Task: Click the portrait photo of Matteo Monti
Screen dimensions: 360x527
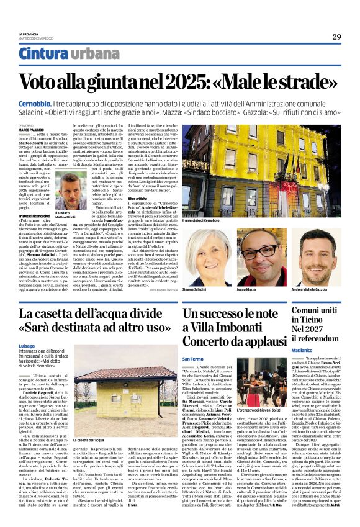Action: pos(72,191)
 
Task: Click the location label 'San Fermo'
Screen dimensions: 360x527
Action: pos(193,359)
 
